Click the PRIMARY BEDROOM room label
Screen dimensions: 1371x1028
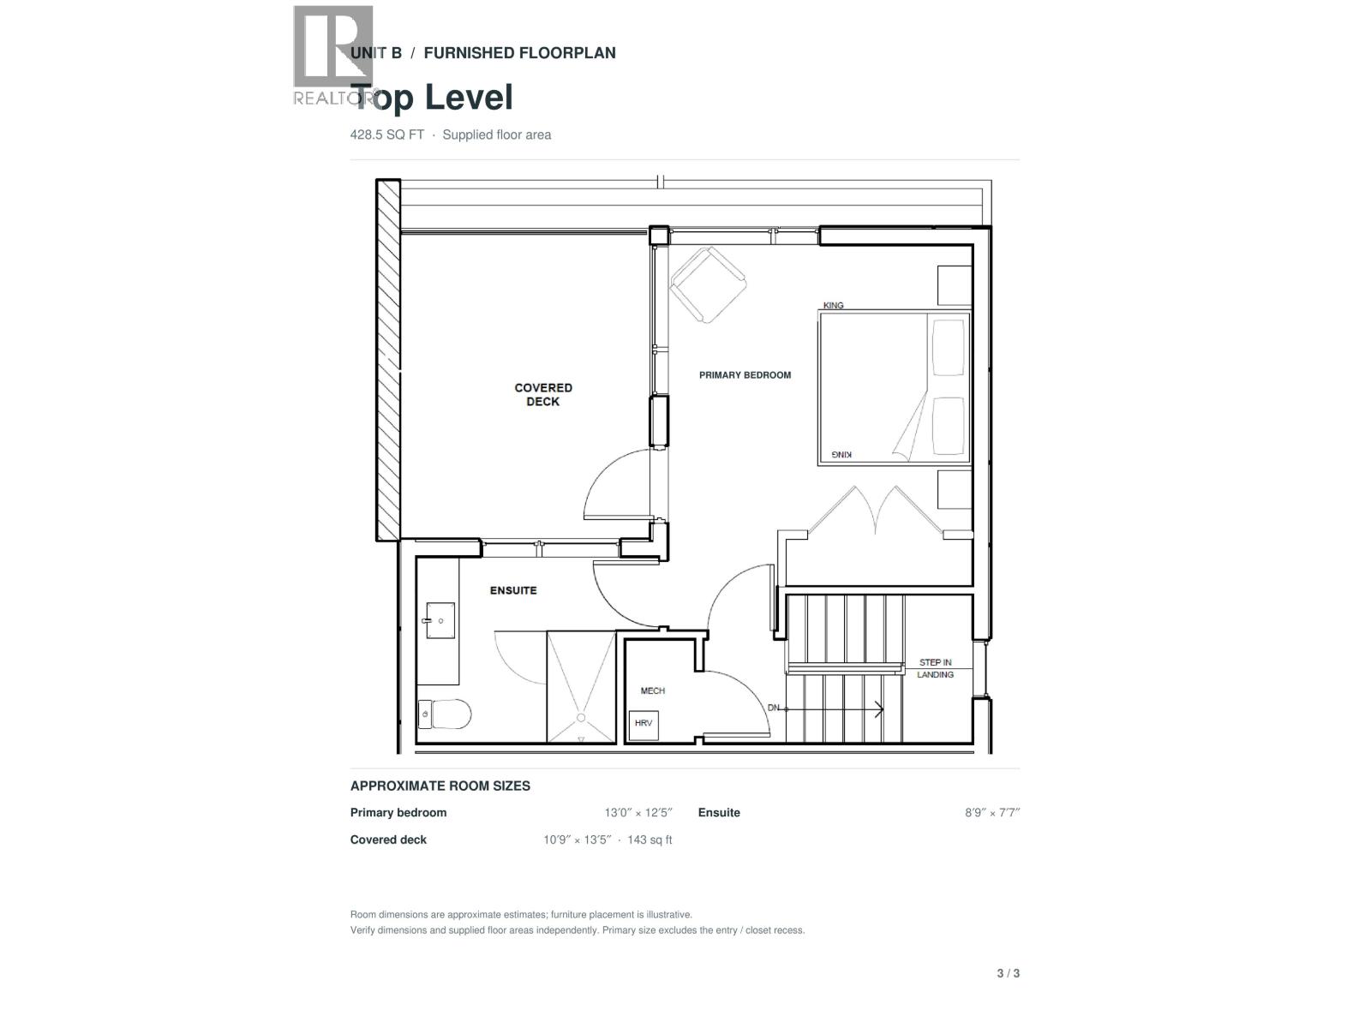pos(745,375)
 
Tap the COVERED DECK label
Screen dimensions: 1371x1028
pos(542,394)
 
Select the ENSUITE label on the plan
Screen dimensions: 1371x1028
pos(512,590)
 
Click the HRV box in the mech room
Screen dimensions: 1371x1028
pos(644,725)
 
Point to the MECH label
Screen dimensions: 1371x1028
pos(653,691)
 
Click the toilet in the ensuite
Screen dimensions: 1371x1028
pos(444,714)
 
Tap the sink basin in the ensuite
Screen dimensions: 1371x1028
pos(440,620)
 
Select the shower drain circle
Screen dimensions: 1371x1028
pos(581,718)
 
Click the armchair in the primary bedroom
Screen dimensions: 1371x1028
pos(708,284)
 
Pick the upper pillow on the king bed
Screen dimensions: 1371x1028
pos(949,348)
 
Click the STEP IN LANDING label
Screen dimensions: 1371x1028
pos(935,668)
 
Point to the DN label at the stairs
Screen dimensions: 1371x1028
pos(773,708)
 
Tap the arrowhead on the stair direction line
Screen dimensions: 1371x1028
pos(879,709)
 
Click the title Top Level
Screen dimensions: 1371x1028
pos(432,98)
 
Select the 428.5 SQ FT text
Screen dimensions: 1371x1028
pos(387,134)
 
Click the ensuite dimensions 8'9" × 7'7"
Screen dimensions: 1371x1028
pos(992,813)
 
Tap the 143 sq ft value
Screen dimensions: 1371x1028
pos(650,840)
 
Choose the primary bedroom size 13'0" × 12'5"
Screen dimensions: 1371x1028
pos(638,813)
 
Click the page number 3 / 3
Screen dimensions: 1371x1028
pos(1008,973)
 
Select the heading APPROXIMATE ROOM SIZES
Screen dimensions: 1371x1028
pos(440,786)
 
